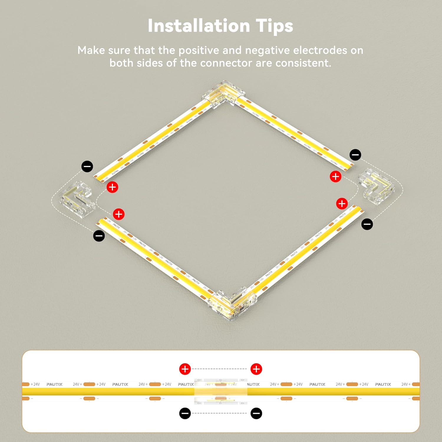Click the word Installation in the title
pyautogui.click(x=199, y=26)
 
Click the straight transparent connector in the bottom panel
pyautogui.click(x=221, y=391)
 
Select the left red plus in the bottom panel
pyautogui.click(x=185, y=369)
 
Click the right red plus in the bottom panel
pyautogui.click(x=256, y=369)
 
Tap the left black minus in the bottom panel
pyautogui.click(x=185, y=413)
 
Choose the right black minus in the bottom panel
pyautogui.click(x=256, y=413)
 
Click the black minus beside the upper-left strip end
pyautogui.click(x=87, y=166)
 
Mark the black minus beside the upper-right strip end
pyautogui.click(x=355, y=155)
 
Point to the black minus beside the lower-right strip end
pyautogui.click(x=367, y=224)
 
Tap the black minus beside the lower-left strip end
pyautogui.click(x=99, y=236)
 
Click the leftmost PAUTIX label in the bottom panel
pyautogui.click(x=55, y=384)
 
